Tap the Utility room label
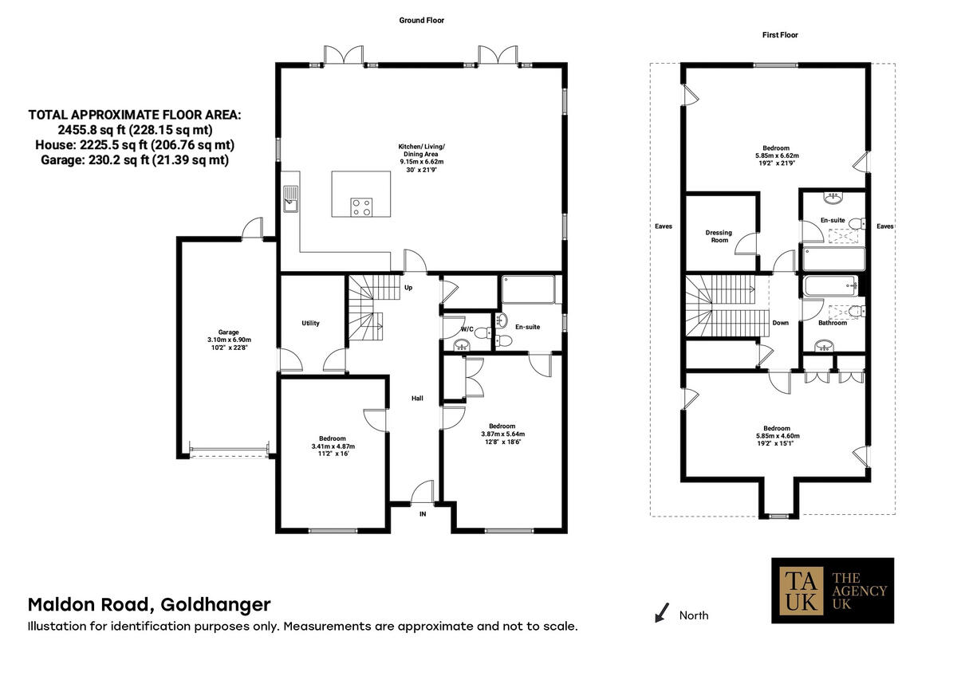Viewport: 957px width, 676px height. tap(310, 323)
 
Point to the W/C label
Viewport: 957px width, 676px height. tap(467, 328)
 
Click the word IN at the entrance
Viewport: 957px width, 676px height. tap(423, 514)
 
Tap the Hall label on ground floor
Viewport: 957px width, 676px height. tap(417, 398)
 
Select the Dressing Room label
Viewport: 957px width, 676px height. tap(719, 237)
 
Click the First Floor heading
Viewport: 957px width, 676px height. tap(780, 35)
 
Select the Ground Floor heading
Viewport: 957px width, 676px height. tap(422, 20)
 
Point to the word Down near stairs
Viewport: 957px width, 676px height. tap(781, 323)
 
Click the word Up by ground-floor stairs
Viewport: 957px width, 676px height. tap(408, 287)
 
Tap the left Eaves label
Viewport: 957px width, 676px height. tap(663, 226)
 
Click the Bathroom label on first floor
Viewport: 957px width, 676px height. tap(832, 323)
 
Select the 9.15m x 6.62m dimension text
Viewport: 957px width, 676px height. tap(422, 162)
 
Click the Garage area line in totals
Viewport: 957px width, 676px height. tap(134, 159)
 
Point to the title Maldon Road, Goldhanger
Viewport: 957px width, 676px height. tap(149, 604)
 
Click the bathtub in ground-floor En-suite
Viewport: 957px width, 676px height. tap(530, 290)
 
